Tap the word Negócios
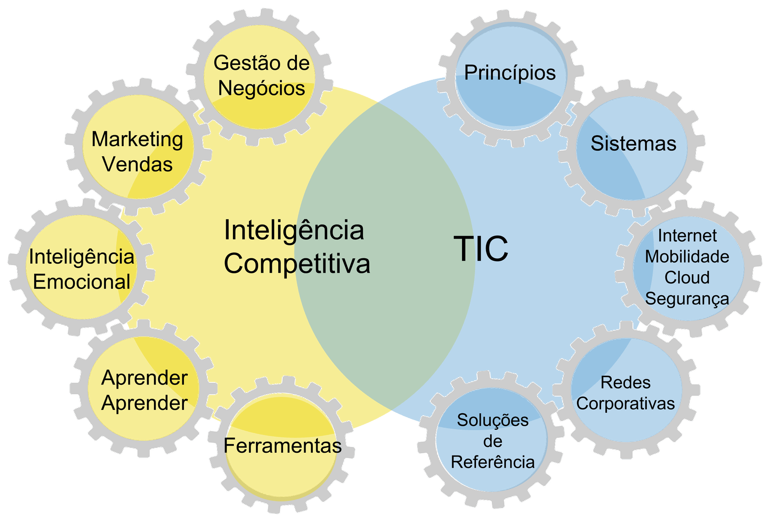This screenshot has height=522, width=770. pyautogui.click(x=261, y=89)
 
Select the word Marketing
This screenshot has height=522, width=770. pyautogui.click(x=137, y=140)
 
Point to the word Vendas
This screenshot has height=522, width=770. pyautogui.click(x=137, y=165)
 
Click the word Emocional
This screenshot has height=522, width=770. pyautogui.click(x=81, y=282)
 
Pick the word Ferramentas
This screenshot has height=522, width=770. pyautogui.click(x=282, y=446)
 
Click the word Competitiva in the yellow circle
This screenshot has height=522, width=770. pyautogui.click(x=297, y=264)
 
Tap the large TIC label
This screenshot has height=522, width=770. pyautogui.click(x=481, y=249)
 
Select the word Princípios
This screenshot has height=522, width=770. pyautogui.click(x=510, y=73)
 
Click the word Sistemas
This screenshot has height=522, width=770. pyautogui.click(x=633, y=143)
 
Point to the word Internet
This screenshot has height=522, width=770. pyautogui.click(x=687, y=236)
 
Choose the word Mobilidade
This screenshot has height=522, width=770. pyautogui.click(x=687, y=256)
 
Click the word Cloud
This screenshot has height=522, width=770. pyautogui.click(x=687, y=278)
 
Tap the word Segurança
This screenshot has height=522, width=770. pyautogui.click(x=687, y=299)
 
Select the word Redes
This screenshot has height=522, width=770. pyautogui.click(x=625, y=382)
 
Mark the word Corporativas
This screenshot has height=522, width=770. pyautogui.click(x=625, y=404)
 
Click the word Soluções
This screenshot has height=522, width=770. pyautogui.click(x=492, y=420)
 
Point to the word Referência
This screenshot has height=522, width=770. pyautogui.click(x=492, y=462)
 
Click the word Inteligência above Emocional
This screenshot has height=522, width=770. pyautogui.click(x=81, y=257)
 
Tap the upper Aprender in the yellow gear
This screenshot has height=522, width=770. pyautogui.click(x=144, y=378)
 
